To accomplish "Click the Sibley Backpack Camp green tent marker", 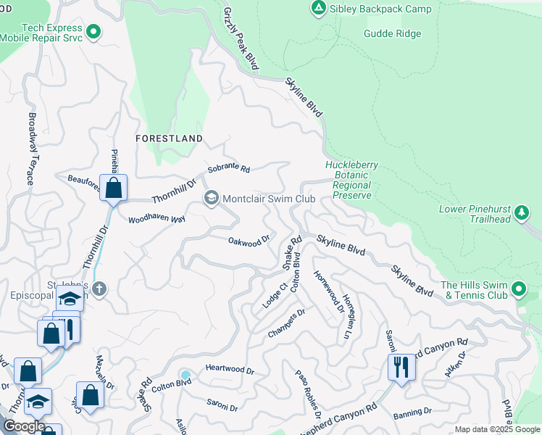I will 317,9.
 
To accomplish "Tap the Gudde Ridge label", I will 392,33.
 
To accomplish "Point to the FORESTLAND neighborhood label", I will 169,138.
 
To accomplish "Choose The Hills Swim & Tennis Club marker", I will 518,290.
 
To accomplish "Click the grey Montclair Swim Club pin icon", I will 212,198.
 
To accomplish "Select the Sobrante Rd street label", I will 228,169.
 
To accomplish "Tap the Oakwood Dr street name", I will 249,240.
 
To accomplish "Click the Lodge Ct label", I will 271,296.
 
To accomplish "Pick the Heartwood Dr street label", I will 230,370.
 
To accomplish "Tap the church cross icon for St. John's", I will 100,289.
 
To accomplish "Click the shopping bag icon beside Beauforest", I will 114,188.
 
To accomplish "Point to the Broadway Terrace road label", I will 31,148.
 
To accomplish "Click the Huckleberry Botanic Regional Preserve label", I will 351,180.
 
